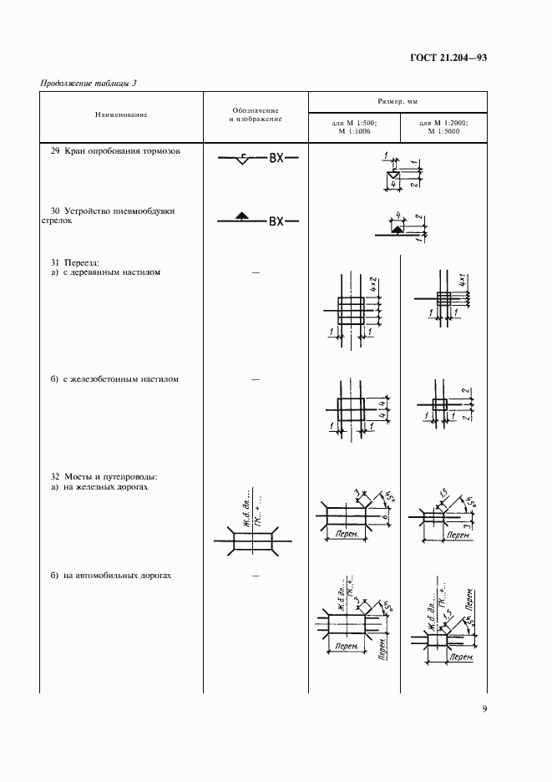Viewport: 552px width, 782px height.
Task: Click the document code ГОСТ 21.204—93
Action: pos(448,58)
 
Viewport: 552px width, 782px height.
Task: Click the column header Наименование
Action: pos(121,114)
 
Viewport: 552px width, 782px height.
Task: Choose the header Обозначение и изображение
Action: pos(256,115)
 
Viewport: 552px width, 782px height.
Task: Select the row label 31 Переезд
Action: pos(74,261)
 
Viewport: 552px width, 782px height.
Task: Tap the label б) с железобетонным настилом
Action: pos(114,379)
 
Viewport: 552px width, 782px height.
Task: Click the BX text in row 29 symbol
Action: pos(276,158)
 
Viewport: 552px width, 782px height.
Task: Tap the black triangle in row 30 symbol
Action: pos(241,216)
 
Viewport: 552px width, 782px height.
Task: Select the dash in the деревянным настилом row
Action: pos(256,272)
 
